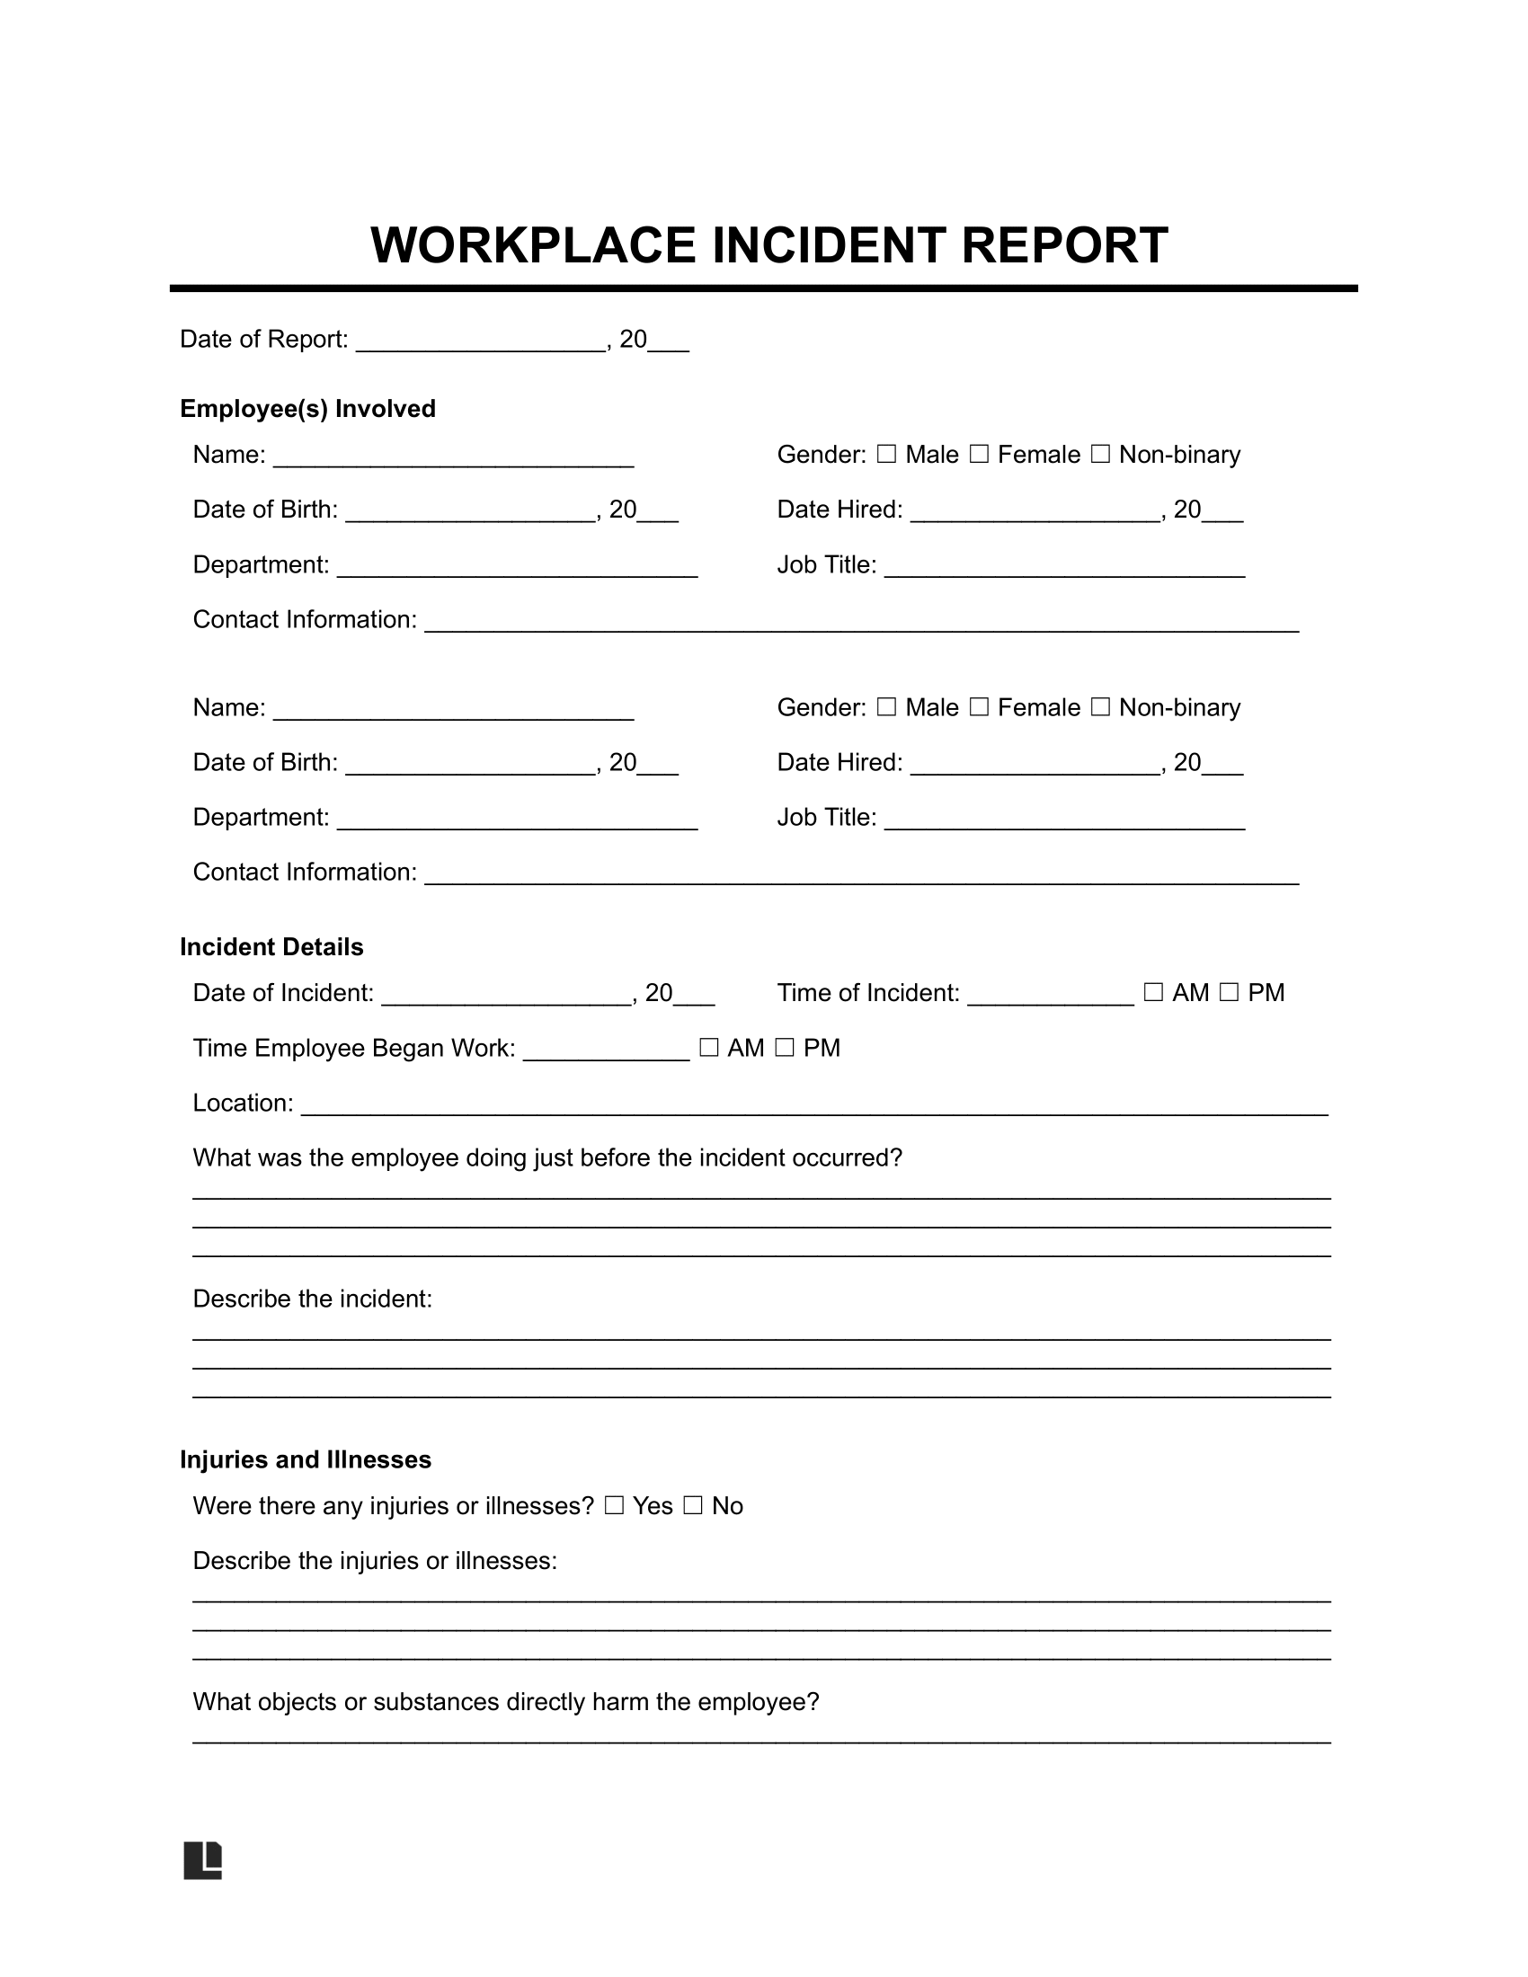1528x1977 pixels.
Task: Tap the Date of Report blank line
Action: point(480,342)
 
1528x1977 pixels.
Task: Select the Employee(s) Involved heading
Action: point(307,409)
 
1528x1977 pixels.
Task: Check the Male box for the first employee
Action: point(887,455)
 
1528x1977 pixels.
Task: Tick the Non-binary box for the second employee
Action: point(1100,707)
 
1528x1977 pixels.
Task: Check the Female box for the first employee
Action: point(979,455)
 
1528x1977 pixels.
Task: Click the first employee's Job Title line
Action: point(1064,569)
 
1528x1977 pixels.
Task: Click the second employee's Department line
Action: point(517,821)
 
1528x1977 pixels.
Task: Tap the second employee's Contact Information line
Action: point(862,875)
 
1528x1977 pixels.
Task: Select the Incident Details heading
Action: point(271,947)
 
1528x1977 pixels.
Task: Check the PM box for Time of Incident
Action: point(1229,993)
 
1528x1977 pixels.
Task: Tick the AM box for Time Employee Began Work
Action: point(709,1048)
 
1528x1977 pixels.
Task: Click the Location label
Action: point(243,1104)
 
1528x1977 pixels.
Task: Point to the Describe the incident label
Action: point(312,1299)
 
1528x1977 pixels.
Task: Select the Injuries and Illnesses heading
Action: point(305,1459)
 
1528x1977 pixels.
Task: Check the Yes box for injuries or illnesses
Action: point(615,1505)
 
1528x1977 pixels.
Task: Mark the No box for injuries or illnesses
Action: point(692,1505)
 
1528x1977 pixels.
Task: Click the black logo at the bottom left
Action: point(203,1860)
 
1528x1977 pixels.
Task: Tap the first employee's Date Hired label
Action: point(840,510)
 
